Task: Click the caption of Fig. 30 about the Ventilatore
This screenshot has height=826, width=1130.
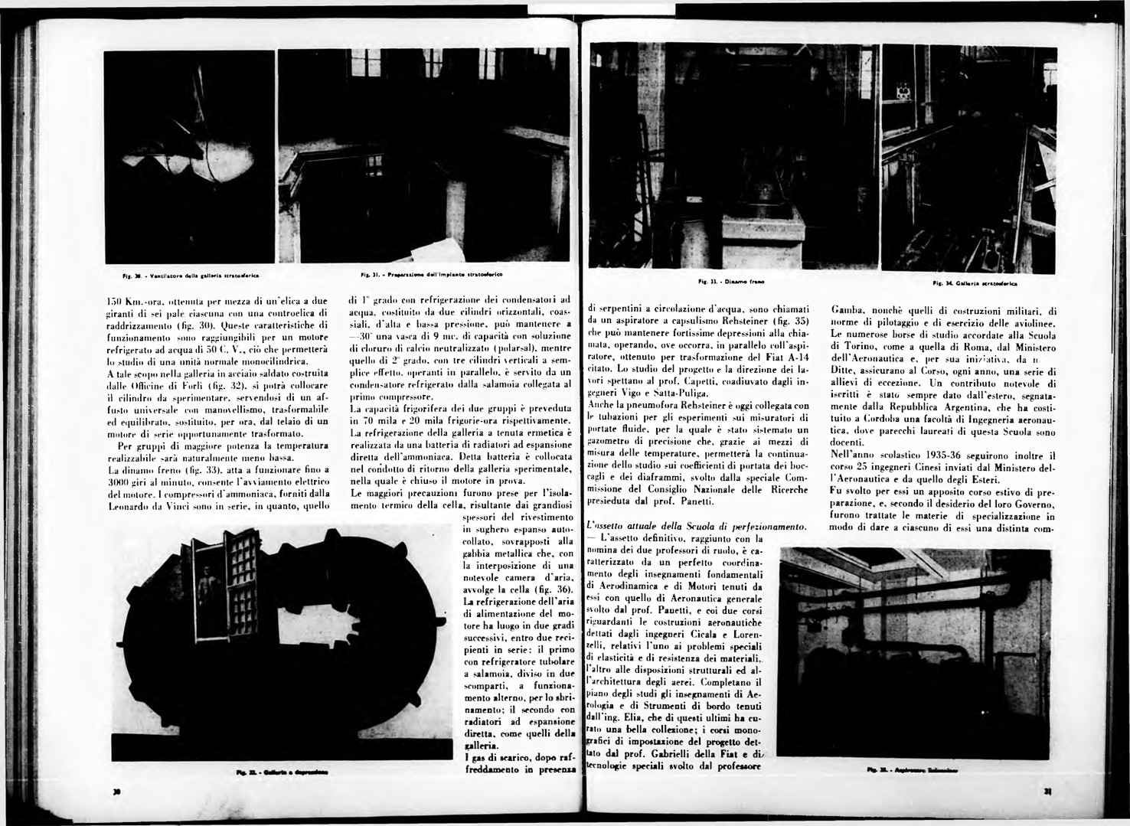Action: pyautogui.click(x=193, y=274)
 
